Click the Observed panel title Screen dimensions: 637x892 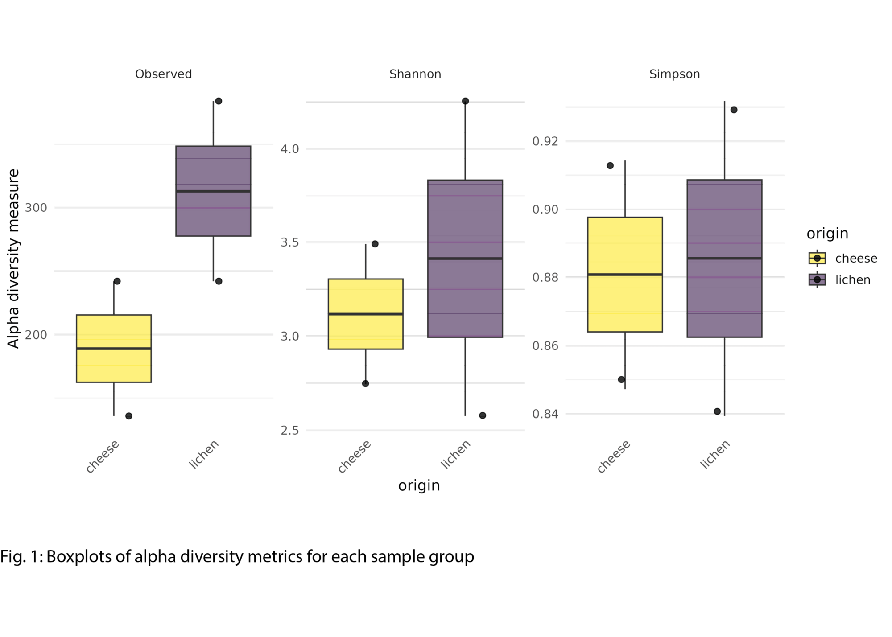pos(163,74)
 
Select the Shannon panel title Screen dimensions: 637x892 pos(415,74)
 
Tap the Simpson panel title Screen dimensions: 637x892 pos(674,74)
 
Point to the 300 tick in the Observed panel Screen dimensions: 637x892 pos(36,208)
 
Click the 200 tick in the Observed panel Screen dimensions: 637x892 pos(36,335)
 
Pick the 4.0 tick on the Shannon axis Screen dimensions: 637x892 pos(289,149)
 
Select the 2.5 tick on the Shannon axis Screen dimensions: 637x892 pos(289,430)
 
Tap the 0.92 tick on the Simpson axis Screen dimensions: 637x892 pos(545,141)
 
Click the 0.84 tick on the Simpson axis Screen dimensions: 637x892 pos(545,414)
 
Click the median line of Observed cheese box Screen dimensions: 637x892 pos(114,349)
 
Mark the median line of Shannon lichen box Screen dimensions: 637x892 pos(465,259)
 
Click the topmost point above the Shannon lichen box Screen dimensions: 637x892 pos(465,101)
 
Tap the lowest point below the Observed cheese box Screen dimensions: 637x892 pos(129,416)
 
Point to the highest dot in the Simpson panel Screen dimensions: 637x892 pos(734,110)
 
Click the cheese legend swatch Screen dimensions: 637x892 pos(817,258)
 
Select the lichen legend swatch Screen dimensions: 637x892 pos(817,279)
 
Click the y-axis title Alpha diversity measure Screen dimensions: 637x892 pos(13,259)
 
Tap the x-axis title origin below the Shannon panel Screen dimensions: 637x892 pos(419,485)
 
